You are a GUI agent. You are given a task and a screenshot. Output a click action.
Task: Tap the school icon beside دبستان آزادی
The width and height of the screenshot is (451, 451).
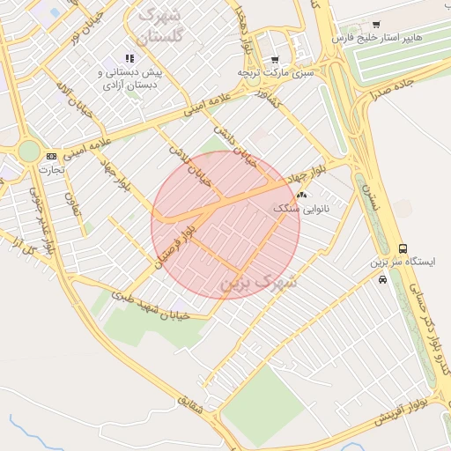tap(130, 58)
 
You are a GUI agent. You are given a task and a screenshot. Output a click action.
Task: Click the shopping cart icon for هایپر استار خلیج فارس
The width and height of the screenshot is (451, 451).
tap(377, 24)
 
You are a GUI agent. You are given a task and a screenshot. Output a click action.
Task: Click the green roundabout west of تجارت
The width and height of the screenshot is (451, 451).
tap(29, 151)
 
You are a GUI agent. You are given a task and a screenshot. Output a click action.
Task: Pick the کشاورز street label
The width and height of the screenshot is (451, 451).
tap(264, 102)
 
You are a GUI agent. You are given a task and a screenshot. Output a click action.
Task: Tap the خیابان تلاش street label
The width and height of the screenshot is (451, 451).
tap(190, 164)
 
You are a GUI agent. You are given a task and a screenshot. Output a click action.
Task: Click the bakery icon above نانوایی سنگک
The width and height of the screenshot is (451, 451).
tap(302, 195)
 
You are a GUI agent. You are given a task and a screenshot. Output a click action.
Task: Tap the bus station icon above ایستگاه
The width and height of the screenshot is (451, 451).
tap(403, 249)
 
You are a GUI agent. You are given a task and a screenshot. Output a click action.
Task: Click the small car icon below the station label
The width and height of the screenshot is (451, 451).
tap(381, 279)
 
